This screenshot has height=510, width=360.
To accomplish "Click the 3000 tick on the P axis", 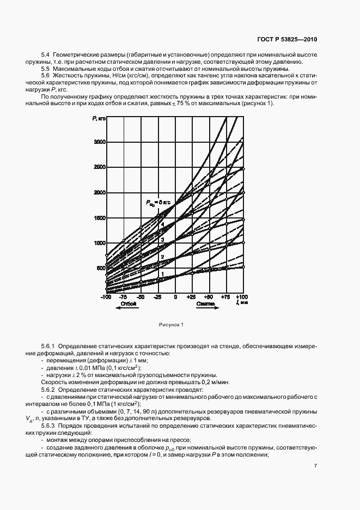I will pos(99,142).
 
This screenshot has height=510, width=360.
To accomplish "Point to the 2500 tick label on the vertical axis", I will pos(99,167).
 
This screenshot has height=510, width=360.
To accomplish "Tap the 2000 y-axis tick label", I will pos(99,192).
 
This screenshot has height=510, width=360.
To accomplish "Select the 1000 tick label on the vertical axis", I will pos(99,243).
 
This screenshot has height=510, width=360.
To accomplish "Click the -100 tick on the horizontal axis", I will pos(105,297).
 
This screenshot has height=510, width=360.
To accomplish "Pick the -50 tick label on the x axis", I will pos(141,297).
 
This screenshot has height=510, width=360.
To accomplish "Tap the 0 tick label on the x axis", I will pos(175,297).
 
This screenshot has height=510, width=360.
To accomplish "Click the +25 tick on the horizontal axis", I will pos(192,297).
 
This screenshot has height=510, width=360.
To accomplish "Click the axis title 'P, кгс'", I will pos(98,119).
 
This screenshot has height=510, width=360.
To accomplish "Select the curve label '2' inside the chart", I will pos(162,256).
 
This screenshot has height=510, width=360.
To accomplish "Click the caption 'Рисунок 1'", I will pos(171,325).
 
